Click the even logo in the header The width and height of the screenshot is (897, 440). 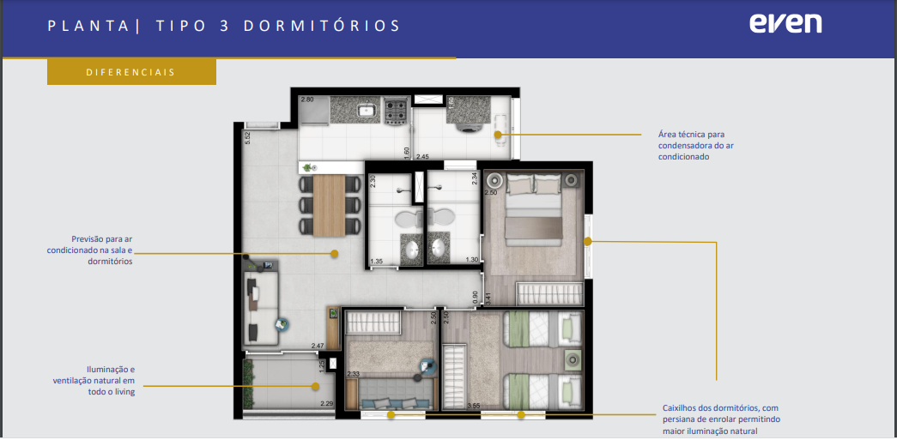tap(785, 23)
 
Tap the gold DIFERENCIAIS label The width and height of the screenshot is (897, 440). tap(131, 73)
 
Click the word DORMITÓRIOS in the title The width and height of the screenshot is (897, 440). tap(322, 26)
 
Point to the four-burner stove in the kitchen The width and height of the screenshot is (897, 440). tap(396, 111)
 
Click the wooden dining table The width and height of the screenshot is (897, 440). tap(329, 206)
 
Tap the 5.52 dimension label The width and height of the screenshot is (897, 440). tap(248, 138)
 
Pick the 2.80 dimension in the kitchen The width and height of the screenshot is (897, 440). tap(307, 99)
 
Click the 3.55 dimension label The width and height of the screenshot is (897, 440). tap(473, 407)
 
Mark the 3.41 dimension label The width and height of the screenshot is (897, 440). tap(488, 298)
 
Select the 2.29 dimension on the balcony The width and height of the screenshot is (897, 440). tap(327, 403)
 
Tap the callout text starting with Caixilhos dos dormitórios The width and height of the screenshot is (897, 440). tap(721, 419)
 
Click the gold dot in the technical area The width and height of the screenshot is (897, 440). tap(498, 135)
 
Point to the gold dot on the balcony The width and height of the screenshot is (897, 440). tap(315, 386)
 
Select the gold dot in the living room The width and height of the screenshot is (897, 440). tap(335, 253)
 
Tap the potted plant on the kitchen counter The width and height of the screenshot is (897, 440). tap(308, 168)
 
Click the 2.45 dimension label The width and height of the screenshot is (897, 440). tap(423, 156)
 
